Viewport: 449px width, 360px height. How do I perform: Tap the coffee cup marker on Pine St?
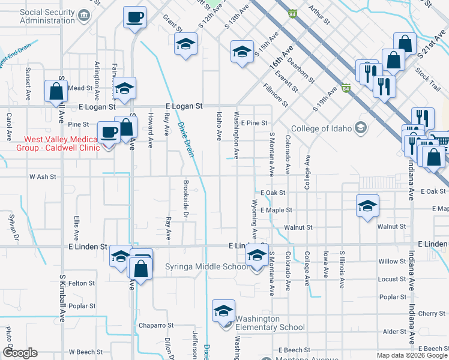coord(109,131)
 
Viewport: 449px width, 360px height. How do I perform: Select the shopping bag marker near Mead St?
coord(56,91)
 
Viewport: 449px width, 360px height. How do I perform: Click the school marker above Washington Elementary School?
coord(223,311)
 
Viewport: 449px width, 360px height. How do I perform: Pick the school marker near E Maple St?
coord(368,206)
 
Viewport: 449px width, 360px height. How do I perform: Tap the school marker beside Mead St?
coord(124,88)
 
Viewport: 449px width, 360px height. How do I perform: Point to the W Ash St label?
coord(43,177)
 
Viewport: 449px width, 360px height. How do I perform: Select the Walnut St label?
coord(298,227)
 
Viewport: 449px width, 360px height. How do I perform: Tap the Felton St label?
coord(82,283)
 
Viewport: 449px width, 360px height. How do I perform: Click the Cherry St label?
coord(432,313)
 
